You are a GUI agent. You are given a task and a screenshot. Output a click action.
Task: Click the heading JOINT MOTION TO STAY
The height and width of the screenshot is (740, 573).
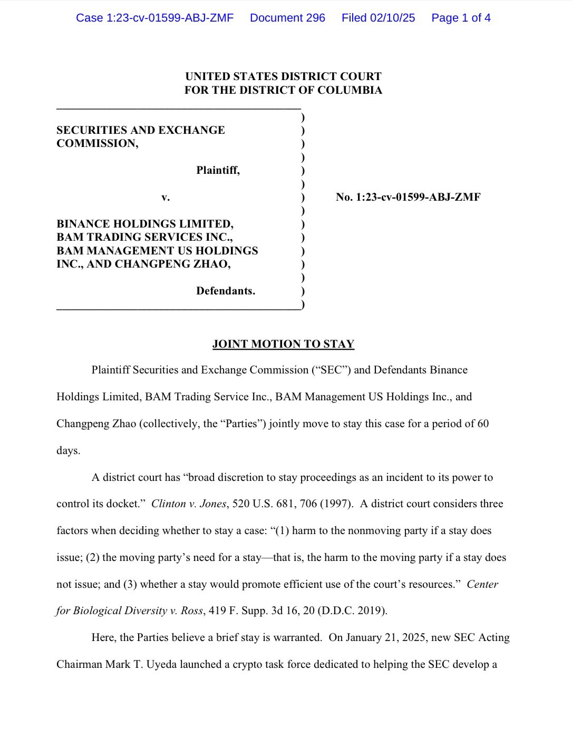tap(283, 344)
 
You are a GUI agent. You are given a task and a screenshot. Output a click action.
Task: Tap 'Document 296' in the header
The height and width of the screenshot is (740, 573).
tap(287, 18)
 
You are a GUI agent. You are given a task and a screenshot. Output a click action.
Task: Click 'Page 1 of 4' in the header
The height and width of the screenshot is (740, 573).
tap(461, 18)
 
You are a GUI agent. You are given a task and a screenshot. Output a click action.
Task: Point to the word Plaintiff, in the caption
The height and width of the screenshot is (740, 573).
tap(218, 170)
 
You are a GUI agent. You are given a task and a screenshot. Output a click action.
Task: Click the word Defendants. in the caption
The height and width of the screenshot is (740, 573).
tap(226, 291)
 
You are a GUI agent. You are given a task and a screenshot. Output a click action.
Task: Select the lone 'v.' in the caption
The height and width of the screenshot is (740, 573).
tap(166, 198)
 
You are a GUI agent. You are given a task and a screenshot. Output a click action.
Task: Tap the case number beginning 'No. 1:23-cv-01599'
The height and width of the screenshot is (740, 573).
tap(408, 197)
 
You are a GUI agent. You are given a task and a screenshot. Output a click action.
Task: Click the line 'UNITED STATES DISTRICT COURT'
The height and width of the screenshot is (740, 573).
tap(283, 76)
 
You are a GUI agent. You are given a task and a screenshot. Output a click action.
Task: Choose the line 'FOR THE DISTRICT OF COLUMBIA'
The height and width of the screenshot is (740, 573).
tap(283, 90)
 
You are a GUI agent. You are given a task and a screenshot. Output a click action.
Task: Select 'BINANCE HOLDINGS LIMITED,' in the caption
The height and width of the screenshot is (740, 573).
tap(145, 224)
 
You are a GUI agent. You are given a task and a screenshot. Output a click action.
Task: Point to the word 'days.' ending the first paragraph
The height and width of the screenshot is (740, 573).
tap(69, 451)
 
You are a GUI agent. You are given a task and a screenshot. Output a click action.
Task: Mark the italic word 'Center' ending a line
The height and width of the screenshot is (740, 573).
tap(482, 584)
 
